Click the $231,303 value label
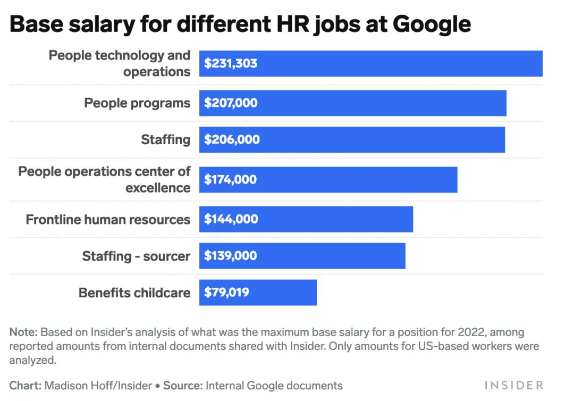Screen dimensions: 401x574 point(231,64)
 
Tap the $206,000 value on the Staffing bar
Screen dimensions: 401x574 point(232,140)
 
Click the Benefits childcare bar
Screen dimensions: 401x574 point(287,293)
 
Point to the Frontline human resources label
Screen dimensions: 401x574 point(108,219)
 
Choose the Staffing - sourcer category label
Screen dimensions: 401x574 point(136,256)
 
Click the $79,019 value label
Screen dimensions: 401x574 point(226,293)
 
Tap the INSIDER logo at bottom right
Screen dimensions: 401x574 point(513,385)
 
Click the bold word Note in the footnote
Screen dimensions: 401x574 point(22,332)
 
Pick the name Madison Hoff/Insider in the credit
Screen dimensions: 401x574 point(98,386)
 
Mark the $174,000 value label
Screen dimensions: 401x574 point(231,180)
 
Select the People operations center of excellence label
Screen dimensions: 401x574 point(104,179)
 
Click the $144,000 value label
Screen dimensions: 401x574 point(231,219)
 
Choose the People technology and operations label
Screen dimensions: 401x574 point(120,63)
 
